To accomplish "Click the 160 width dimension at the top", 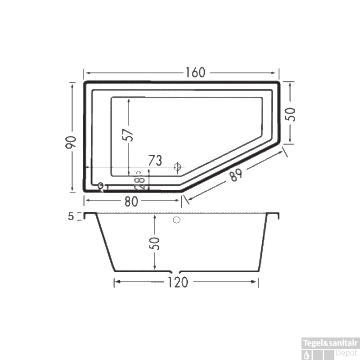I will [x=194, y=72].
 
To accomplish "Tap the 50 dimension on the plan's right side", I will [x=292, y=114].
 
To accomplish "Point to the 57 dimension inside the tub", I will [x=129, y=135].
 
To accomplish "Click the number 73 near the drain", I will [x=155, y=160].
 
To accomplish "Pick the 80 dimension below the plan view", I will [x=131, y=202].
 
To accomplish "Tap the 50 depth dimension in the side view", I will [x=155, y=243].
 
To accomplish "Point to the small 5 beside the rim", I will [x=71, y=216].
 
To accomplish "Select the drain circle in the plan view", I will [x=178, y=167].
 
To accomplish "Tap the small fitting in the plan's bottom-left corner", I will [x=102, y=186].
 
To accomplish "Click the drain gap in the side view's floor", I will [x=175, y=272].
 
